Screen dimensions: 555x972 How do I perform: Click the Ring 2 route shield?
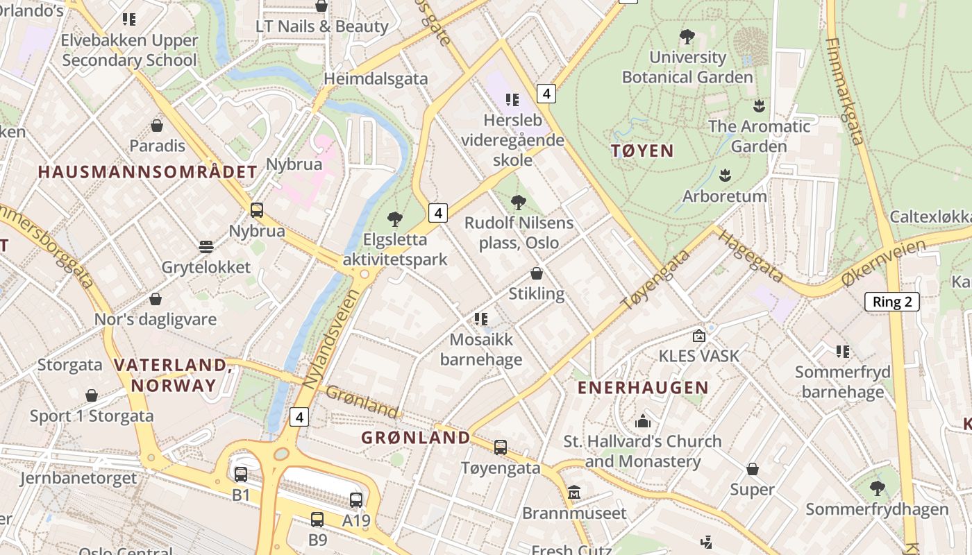[891, 302]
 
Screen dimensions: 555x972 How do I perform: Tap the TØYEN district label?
[643, 151]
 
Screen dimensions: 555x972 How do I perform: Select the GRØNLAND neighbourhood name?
[416, 438]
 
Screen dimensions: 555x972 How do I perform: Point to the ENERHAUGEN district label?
[643, 388]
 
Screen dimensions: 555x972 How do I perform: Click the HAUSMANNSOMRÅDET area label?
[148, 172]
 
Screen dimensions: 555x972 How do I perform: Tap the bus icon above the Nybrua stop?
[257, 210]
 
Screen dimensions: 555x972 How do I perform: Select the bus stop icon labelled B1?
[241, 475]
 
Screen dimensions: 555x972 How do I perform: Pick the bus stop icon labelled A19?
[356, 499]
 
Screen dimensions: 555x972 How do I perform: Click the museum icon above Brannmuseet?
[574, 493]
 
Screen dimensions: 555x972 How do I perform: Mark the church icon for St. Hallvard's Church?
[642, 420]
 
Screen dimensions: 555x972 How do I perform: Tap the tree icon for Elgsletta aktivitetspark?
[395, 219]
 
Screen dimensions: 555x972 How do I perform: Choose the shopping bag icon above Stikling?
[537, 273]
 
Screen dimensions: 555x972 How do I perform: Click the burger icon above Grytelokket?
[206, 247]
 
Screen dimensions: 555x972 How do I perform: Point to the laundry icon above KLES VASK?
[699, 336]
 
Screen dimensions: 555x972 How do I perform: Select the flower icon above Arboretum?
[726, 175]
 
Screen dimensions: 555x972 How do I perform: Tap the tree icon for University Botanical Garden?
[687, 36]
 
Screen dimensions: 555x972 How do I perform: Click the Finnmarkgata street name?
[845, 90]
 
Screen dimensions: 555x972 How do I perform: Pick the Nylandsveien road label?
[333, 338]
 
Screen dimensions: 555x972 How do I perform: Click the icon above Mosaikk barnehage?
[480, 319]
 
